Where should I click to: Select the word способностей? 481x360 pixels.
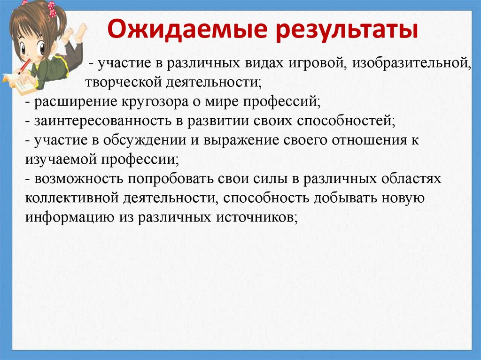pyautogui.click(x=345, y=120)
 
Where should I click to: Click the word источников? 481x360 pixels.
pyautogui.click(x=256, y=217)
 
